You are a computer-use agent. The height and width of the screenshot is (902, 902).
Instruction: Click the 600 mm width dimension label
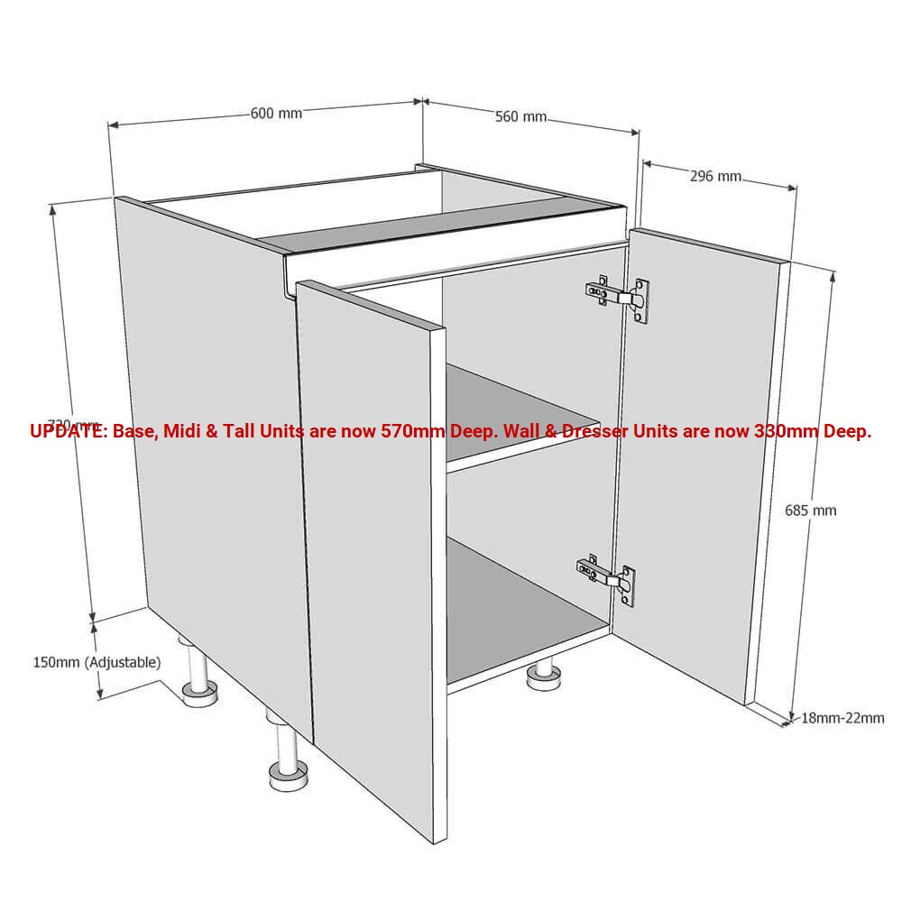pyautogui.click(x=276, y=114)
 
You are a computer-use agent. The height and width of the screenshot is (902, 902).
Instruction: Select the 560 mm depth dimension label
pyautogui.click(x=520, y=116)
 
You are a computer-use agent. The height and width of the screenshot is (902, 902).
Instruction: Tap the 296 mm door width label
pyautogui.click(x=715, y=176)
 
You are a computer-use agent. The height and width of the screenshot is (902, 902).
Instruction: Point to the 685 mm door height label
pyautogui.click(x=810, y=511)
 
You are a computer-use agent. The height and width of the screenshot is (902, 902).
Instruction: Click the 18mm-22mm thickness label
pyautogui.click(x=842, y=718)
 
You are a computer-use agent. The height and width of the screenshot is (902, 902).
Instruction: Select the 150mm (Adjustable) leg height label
pyautogui.click(x=97, y=662)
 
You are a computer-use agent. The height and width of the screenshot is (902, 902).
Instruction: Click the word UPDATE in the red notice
pyautogui.click(x=68, y=431)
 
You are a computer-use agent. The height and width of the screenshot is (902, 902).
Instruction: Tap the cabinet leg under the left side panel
pyautogui.click(x=198, y=690)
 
